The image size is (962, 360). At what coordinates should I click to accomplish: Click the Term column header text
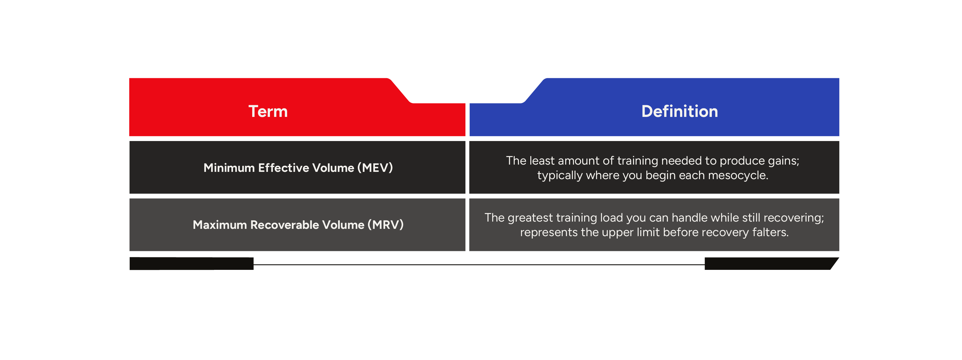[x=268, y=111]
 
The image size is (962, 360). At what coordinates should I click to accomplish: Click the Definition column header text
[x=679, y=111]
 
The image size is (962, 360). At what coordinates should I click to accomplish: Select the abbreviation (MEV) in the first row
[x=375, y=168]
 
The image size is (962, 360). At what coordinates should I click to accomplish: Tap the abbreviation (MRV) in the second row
[x=385, y=225]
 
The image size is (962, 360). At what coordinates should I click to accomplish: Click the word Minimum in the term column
[x=229, y=168]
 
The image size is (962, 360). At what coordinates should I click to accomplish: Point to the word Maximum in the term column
[x=220, y=225]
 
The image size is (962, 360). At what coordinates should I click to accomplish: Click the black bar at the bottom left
[x=192, y=264]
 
